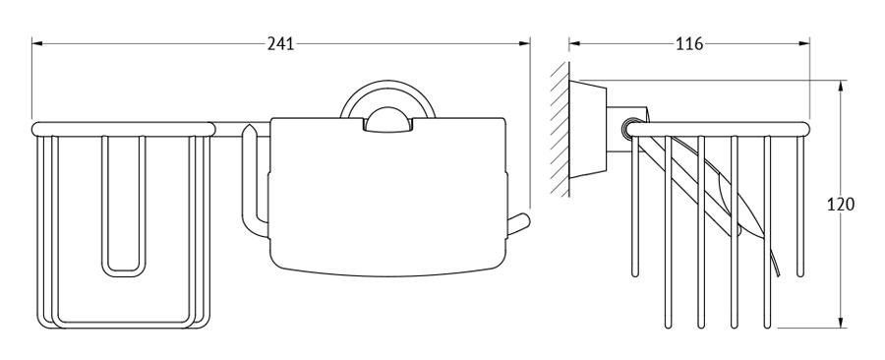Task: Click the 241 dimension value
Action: click(x=280, y=43)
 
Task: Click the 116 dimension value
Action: click(x=689, y=43)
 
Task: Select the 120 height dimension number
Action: click(x=841, y=204)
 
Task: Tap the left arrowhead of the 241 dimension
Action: click(x=37, y=43)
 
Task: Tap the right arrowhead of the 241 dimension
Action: click(x=524, y=43)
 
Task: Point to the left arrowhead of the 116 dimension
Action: click(x=575, y=43)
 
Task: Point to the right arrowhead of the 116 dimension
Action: click(x=803, y=43)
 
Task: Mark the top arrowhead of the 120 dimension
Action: click(x=841, y=87)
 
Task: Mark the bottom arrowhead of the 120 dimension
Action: click(x=841, y=322)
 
